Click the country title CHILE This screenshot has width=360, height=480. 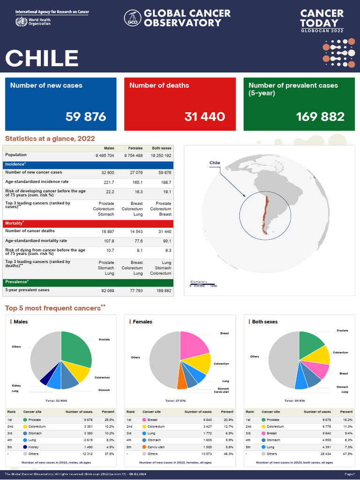pos(42,58)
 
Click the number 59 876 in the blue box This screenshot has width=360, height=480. pos(86,117)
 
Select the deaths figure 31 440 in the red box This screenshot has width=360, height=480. pos(204,117)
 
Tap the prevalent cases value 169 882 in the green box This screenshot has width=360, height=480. pos(320,117)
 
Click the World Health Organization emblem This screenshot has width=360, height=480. pos(21,22)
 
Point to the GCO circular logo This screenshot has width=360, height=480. pos(133,18)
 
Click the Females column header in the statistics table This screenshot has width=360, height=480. pos(135,148)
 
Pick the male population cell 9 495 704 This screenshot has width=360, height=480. pos(105,155)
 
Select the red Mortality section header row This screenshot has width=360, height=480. pos(89,224)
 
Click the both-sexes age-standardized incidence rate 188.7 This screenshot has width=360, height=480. pos(166,182)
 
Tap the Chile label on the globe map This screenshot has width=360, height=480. pos(215,163)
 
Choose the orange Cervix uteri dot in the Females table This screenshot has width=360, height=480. pos(144,447)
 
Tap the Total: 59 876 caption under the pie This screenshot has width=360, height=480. pos(294,401)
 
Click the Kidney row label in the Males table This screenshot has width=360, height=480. pos(33,447)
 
